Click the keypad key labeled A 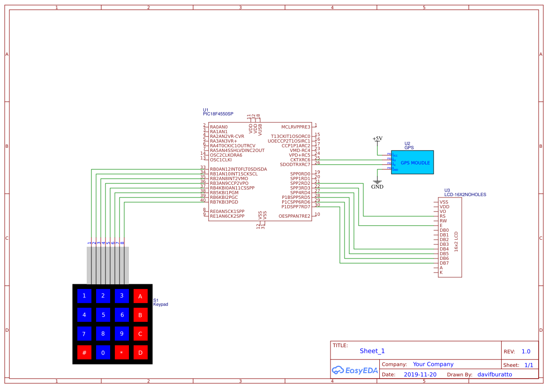coord(140,296)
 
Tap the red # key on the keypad coord(84,352)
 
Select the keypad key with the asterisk coord(121,352)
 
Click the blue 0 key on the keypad coord(103,352)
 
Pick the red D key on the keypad coord(140,352)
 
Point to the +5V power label coord(377,138)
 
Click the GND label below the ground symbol coord(377,187)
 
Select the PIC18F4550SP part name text coord(218,114)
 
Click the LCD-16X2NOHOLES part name coord(465,194)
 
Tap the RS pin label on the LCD coord(443,216)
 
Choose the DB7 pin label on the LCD coord(444,263)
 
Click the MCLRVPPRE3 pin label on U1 coord(296,127)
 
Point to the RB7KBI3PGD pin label coord(224,202)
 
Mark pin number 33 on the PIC coord(203,167)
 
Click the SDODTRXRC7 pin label coord(295,165)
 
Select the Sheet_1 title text coord(372,351)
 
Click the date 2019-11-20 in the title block coord(420,375)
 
